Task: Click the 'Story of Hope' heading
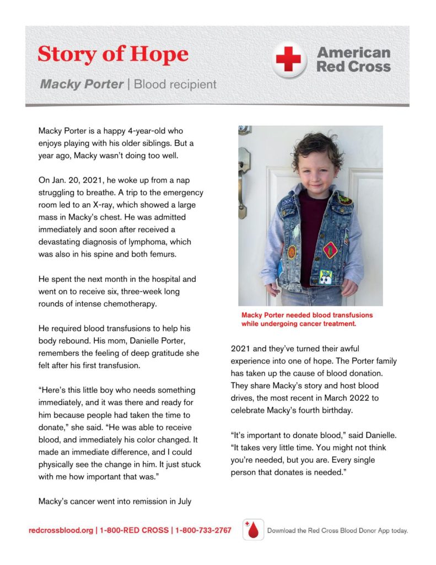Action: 112,55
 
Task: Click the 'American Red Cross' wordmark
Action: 353,60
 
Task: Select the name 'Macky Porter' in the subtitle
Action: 81,84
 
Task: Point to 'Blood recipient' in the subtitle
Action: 175,84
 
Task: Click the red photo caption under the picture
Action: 306,319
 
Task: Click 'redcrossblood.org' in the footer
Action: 61,531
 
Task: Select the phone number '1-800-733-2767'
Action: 203,531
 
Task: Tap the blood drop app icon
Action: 253,530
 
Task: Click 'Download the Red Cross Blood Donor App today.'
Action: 337,531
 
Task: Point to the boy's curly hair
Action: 317,147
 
